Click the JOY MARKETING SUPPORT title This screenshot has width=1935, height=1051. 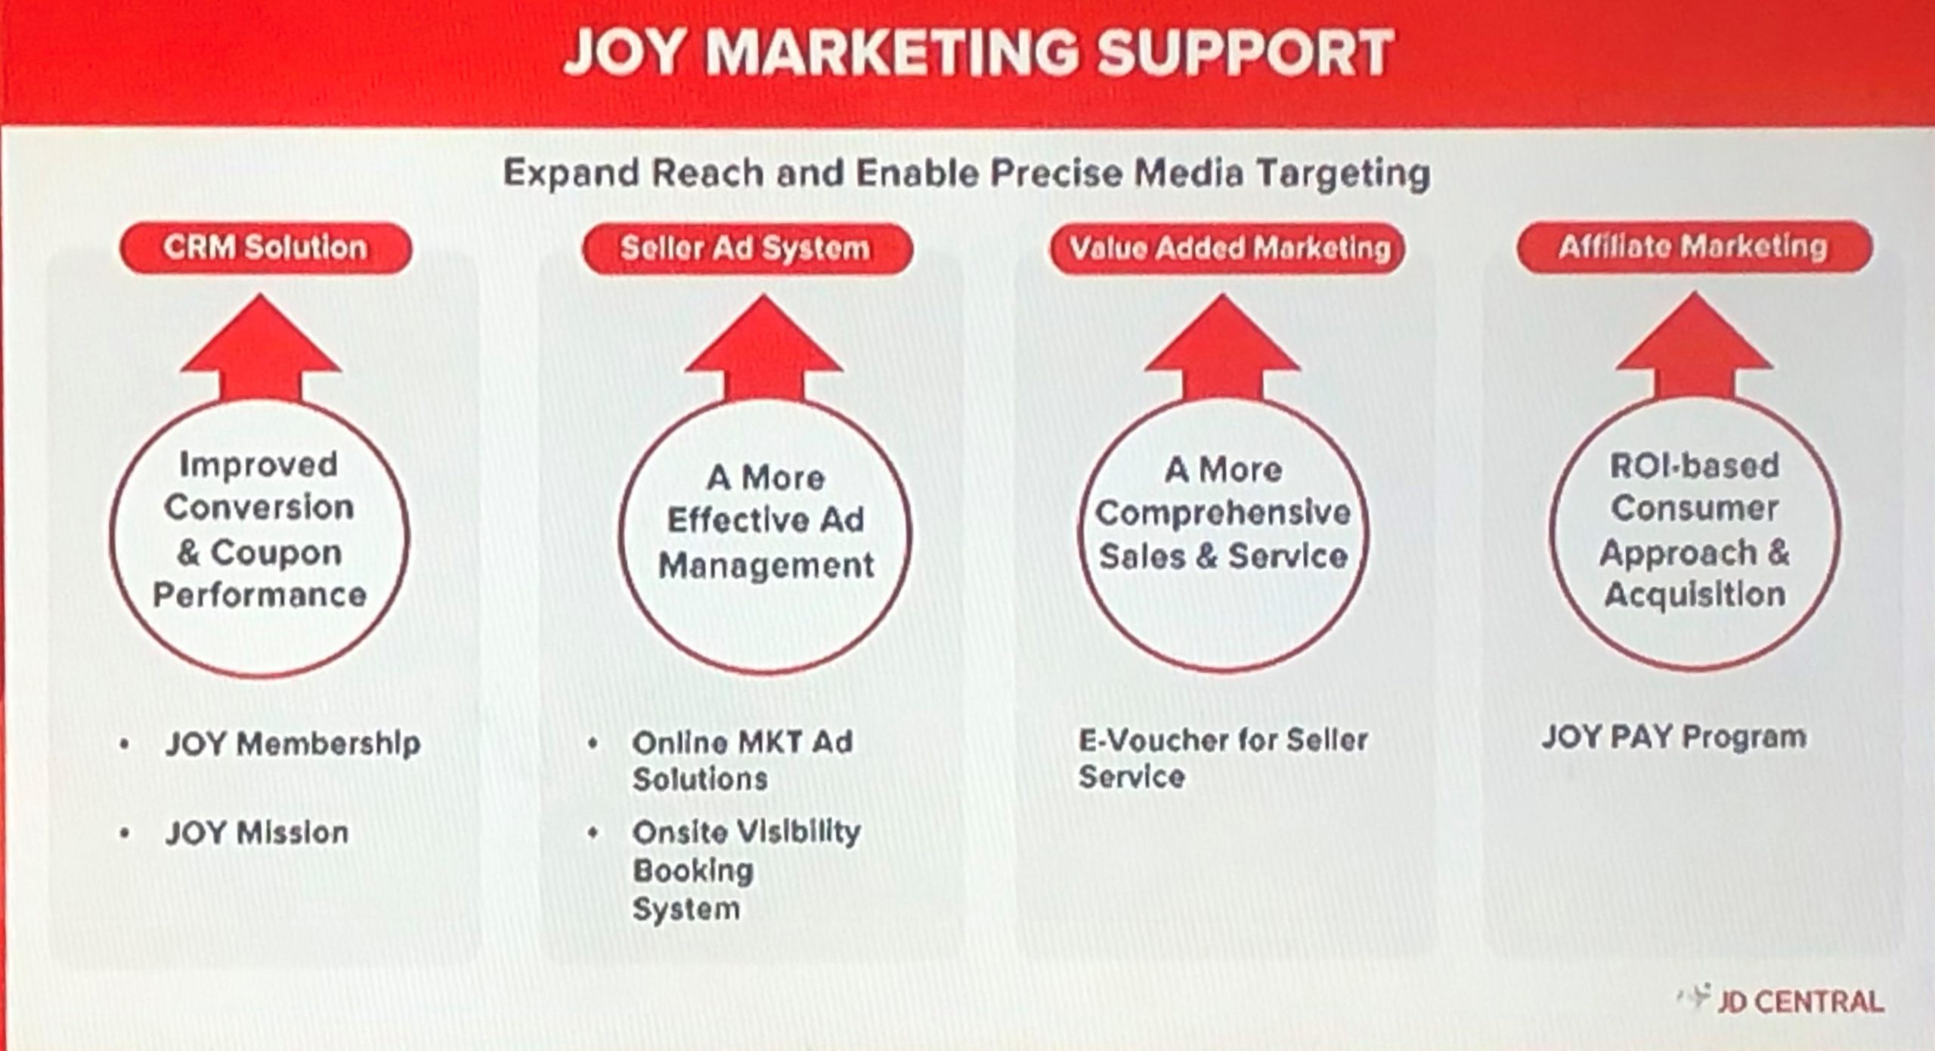tap(978, 52)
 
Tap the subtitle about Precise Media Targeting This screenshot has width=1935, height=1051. tap(967, 174)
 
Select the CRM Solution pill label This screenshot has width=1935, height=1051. tap(265, 248)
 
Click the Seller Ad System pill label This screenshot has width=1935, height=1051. tap(747, 249)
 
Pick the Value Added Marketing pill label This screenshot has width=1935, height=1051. tap(1228, 248)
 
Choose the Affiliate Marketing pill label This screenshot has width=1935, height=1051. tap(1694, 246)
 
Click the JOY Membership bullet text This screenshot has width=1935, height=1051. tap(293, 743)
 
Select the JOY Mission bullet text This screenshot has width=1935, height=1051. tap(257, 833)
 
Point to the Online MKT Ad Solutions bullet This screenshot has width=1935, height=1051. tap(742, 760)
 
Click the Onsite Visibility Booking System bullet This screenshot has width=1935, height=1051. tap(746, 870)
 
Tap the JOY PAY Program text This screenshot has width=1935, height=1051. tap(1674, 737)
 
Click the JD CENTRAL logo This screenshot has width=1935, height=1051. tap(1780, 1001)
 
